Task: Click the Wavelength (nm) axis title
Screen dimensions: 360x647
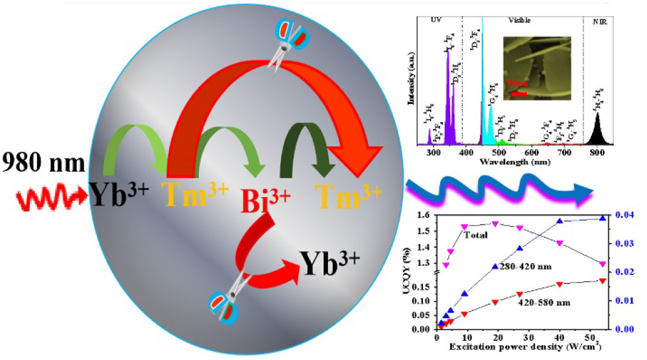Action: pos(516,161)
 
